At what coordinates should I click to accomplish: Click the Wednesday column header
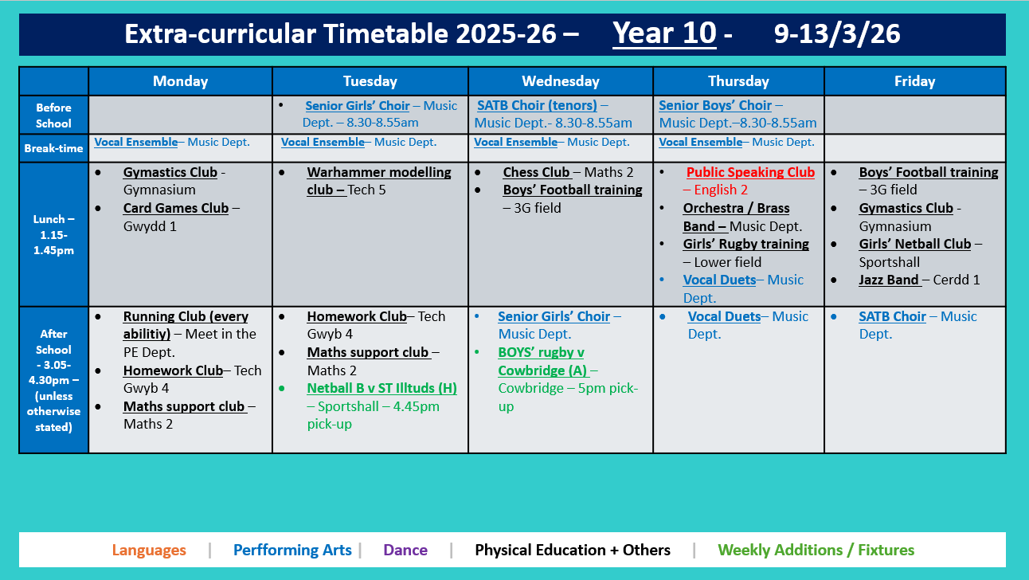click(560, 81)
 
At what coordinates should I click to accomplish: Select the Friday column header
click(914, 81)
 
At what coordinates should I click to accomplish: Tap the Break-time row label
click(53, 148)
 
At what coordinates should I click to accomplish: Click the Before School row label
click(53, 115)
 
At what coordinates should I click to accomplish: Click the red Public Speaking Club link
click(750, 172)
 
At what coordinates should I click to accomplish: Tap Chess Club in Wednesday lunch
click(536, 172)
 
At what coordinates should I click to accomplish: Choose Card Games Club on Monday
click(175, 208)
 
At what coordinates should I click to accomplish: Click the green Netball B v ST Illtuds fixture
click(381, 388)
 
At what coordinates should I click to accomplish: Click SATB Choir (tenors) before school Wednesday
click(537, 105)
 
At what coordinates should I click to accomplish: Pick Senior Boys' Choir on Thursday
click(714, 105)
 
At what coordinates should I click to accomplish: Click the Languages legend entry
click(149, 550)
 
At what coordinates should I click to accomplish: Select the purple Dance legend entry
click(405, 550)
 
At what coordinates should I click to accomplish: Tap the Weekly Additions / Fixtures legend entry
click(816, 550)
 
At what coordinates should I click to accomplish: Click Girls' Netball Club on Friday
click(914, 244)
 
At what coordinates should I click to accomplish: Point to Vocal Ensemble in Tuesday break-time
click(322, 142)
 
